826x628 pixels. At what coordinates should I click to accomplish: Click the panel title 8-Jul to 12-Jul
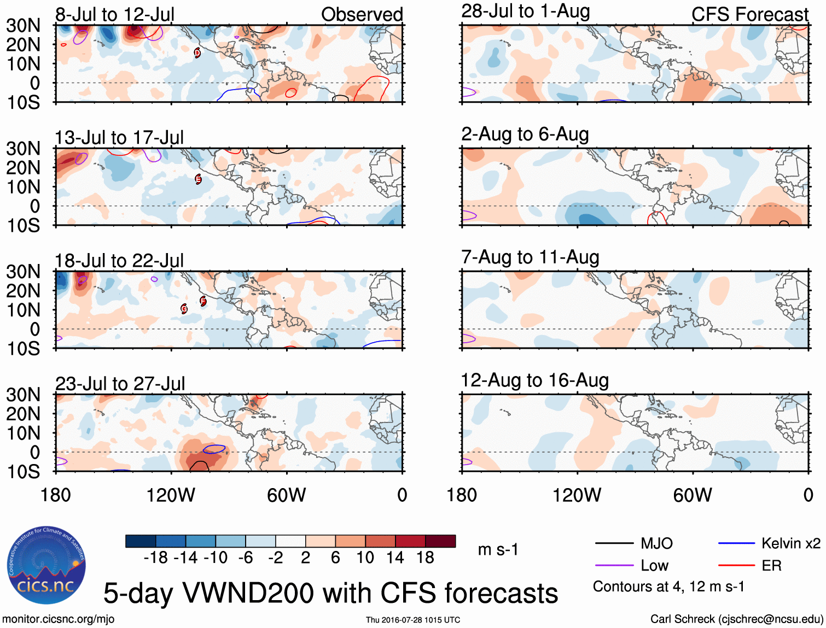tap(114, 15)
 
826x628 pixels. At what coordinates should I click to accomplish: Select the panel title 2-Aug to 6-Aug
tap(525, 134)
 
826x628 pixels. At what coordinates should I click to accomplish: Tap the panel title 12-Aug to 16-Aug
tap(534, 380)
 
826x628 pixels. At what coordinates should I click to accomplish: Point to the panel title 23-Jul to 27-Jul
tap(120, 384)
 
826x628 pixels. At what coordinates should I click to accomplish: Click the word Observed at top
tap(362, 15)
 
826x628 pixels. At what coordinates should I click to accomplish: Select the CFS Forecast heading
tap(749, 15)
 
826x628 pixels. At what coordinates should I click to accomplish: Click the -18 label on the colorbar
tap(155, 557)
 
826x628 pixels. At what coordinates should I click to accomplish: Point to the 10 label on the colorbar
tap(365, 557)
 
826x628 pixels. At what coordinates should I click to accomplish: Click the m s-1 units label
tap(498, 549)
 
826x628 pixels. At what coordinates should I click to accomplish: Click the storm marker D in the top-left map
tap(197, 53)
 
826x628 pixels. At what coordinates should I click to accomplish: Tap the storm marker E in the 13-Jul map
tap(198, 179)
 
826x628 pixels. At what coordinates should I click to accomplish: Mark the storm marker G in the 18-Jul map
tap(184, 309)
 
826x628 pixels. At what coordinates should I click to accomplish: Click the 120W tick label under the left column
tap(171, 495)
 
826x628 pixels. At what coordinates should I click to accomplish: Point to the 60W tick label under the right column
tap(693, 495)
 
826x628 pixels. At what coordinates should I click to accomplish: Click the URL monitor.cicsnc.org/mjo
tap(59, 619)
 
